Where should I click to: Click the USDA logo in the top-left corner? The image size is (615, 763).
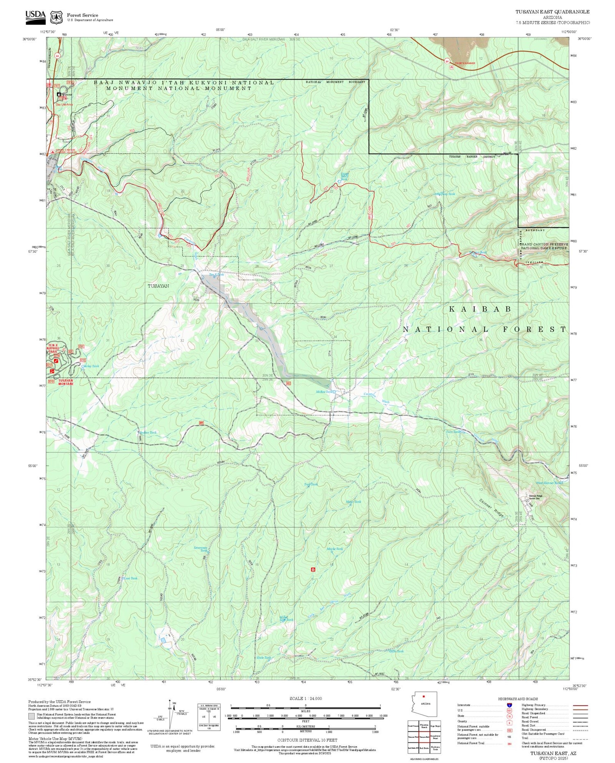[x=35, y=16]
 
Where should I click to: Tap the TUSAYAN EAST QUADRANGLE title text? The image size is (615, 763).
[x=552, y=12]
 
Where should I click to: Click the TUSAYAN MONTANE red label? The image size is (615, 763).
[x=66, y=382]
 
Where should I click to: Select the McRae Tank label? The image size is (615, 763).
[x=323, y=392]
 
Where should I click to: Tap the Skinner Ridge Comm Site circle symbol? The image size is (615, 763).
[x=527, y=500]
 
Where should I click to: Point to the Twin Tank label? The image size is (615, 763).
[x=453, y=432]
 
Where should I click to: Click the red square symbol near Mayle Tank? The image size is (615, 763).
[x=313, y=569]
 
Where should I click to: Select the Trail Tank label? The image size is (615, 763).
[x=311, y=484]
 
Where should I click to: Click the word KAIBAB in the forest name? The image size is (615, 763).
[x=480, y=309]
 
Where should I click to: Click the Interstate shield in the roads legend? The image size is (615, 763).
[x=509, y=705]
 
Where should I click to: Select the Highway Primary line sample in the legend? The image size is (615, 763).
[x=578, y=705]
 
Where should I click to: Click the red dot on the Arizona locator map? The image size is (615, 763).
[x=424, y=696]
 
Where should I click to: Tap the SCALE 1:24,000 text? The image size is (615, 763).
[x=305, y=699]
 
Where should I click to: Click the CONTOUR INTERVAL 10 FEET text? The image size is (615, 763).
[x=307, y=740]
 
